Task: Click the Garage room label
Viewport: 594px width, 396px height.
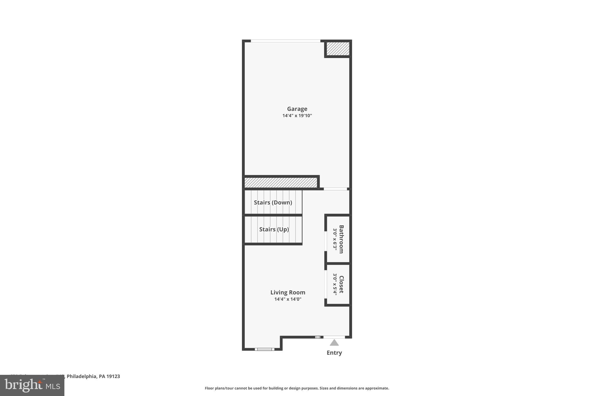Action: point(297,109)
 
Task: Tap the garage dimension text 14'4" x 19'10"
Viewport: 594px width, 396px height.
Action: point(297,115)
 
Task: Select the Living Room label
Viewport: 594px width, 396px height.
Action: point(288,292)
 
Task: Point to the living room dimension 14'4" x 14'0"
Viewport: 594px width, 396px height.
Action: point(288,299)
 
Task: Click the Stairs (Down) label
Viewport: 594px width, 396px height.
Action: point(273,202)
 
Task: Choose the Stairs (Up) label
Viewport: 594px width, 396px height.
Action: point(274,229)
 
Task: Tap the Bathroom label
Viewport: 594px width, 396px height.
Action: point(341,239)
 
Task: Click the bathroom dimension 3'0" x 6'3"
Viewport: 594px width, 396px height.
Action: point(335,239)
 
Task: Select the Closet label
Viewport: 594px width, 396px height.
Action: point(341,284)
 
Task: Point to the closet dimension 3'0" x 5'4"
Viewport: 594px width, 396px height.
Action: point(335,284)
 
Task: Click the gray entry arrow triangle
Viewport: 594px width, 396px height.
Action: point(334,343)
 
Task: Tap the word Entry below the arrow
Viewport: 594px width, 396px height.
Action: point(334,353)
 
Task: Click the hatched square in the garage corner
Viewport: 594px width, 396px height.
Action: point(338,48)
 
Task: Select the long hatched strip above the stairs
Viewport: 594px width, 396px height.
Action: point(280,182)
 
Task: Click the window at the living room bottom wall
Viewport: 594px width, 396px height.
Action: point(265,349)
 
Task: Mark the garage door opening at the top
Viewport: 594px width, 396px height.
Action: point(285,41)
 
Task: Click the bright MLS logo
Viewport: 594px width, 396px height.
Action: point(32,385)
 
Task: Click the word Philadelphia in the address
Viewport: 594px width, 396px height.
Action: point(82,376)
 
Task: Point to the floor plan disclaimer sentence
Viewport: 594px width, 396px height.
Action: point(297,388)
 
